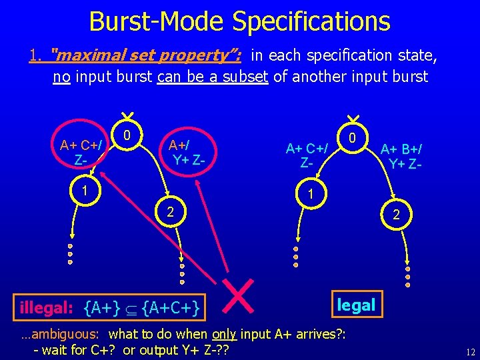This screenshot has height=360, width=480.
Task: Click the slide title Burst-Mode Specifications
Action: [x=239, y=21]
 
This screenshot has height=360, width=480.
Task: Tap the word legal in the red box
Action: [x=356, y=305]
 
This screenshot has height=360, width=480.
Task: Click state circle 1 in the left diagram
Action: [x=84, y=189]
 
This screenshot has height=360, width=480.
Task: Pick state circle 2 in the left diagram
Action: [x=170, y=212]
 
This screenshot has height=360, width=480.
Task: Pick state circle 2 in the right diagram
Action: [x=396, y=215]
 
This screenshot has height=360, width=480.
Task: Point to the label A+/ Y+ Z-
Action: [x=187, y=152]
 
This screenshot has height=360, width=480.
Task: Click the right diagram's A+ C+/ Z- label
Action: [x=306, y=155]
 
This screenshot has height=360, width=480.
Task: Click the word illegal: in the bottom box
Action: [x=46, y=308]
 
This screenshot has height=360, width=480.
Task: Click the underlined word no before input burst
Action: [x=62, y=77]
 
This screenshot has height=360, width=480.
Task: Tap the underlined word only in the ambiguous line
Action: [x=224, y=333]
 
